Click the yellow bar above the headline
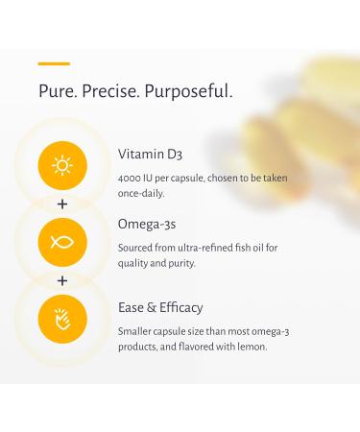coord(54,63)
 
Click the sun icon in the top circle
coord(62,165)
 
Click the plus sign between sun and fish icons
coord(62,204)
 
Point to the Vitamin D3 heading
coord(152,155)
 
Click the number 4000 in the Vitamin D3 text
coord(132,179)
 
